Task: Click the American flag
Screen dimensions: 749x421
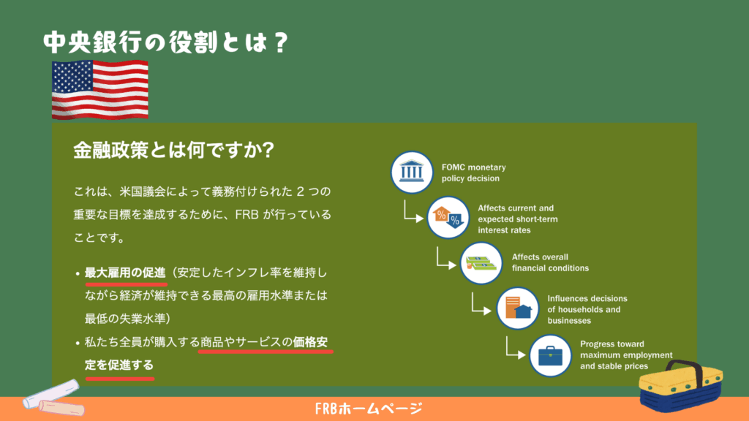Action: tap(99, 89)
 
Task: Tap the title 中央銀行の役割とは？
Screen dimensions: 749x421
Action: tap(166, 42)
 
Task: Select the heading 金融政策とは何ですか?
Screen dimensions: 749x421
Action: tap(173, 150)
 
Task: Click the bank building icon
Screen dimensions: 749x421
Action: tap(412, 172)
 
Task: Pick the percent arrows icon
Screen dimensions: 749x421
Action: tap(448, 218)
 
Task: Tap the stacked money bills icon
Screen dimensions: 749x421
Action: tap(481, 263)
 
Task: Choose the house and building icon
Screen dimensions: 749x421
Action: tap(517, 308)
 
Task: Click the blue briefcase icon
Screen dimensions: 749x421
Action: tap(550, 356)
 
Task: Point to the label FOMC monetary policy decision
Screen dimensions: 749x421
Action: tap(474, 172)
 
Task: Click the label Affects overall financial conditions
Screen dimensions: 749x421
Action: tap(550, 262)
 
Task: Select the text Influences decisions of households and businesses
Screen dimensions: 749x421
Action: tap(587, 309)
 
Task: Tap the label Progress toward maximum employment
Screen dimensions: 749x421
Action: tap(626, 349)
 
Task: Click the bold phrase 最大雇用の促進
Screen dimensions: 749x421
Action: tap(125, 273)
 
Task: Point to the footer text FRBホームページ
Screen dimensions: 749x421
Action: tap(369, 409)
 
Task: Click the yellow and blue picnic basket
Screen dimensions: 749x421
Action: tap(681, 386)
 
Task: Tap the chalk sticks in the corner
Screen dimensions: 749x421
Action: tap(53, 398)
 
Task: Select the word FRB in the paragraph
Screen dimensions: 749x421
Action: tap(247, 215)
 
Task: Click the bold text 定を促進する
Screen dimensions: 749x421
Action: tap(119, 365)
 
